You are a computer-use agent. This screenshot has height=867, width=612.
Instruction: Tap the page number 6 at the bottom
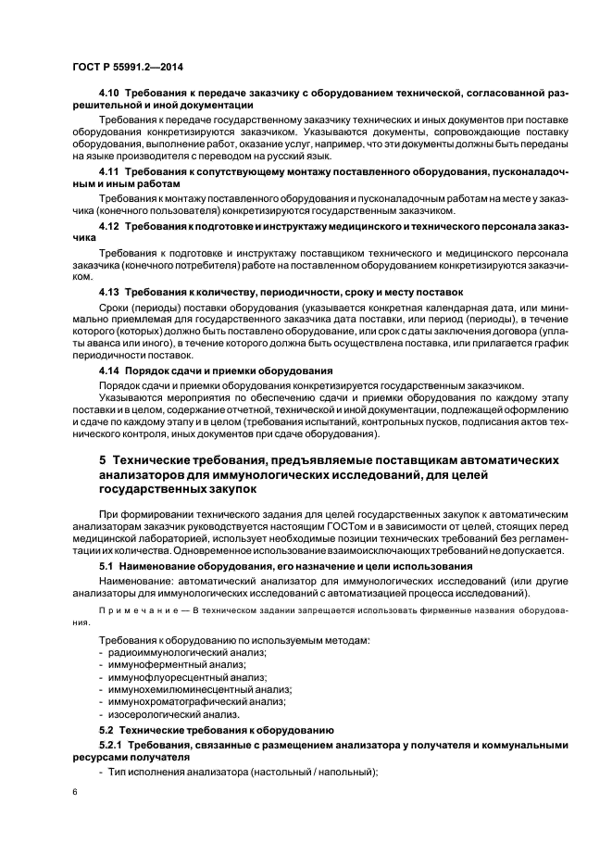click(x=74, y=793)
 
